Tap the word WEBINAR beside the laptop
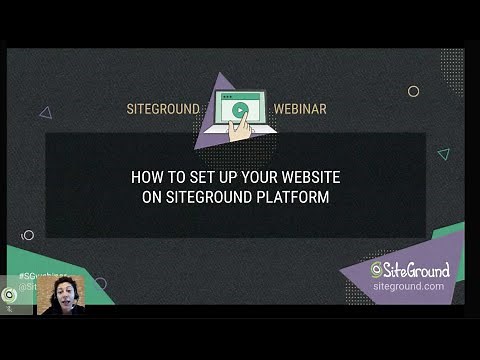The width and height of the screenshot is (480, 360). (299, 108)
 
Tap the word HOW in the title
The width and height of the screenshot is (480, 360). (147, 177)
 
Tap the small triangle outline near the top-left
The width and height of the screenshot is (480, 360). (45, 113)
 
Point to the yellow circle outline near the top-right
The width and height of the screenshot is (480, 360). (413, 91)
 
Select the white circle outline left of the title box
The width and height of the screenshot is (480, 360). (28, 235)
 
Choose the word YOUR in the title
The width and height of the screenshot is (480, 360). (254, 177)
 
